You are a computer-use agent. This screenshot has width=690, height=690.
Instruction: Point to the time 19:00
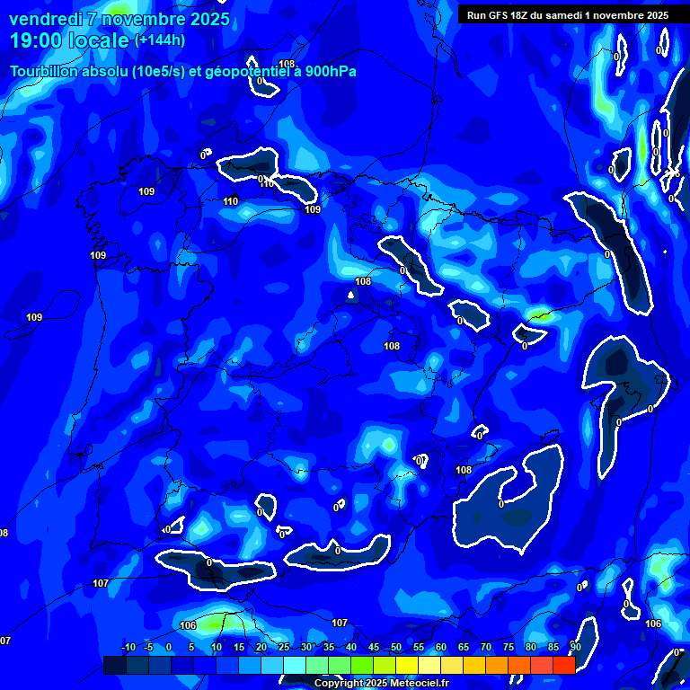35,40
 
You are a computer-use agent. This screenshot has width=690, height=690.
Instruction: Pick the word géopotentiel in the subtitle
247,71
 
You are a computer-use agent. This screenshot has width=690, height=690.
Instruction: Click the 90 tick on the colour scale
575,648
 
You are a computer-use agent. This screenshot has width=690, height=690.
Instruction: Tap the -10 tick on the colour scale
128,648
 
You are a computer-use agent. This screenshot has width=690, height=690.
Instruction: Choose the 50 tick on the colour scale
395,648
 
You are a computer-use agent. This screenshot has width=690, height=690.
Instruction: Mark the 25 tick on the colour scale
283,648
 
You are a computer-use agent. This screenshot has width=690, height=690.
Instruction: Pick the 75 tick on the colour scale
508,648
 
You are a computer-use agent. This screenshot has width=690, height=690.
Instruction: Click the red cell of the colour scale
563,665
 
